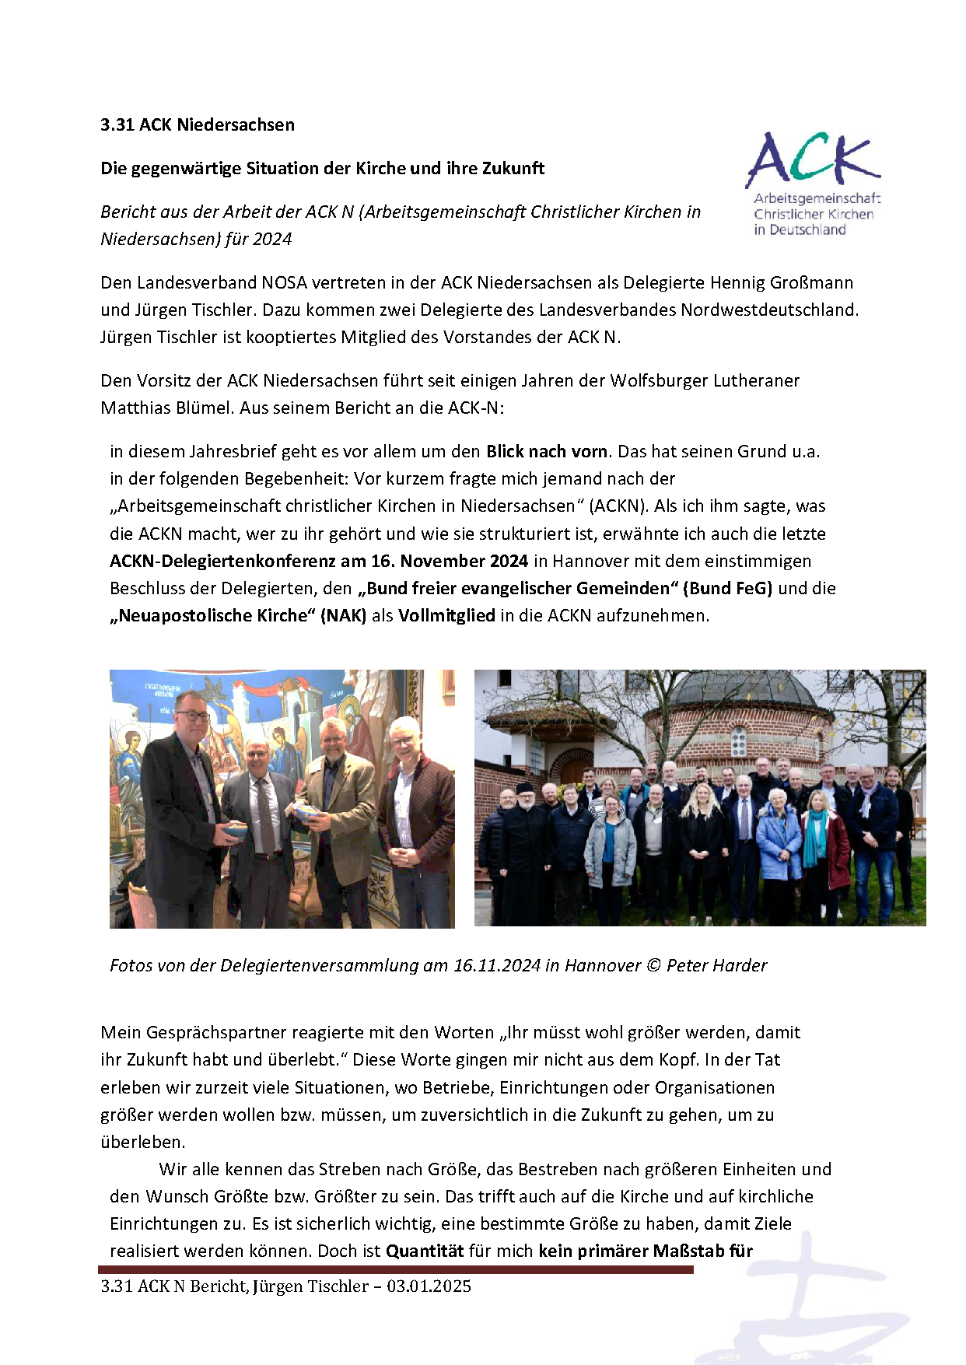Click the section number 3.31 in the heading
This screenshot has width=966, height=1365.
coord(117,124)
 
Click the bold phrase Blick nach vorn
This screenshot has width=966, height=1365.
coord(547,451)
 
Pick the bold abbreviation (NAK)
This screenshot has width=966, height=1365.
coord(343,615)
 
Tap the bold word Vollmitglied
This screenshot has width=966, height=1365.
coord(446,615)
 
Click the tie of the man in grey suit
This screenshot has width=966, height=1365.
coord(264,817)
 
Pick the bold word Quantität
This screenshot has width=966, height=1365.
coord(425,1251)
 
